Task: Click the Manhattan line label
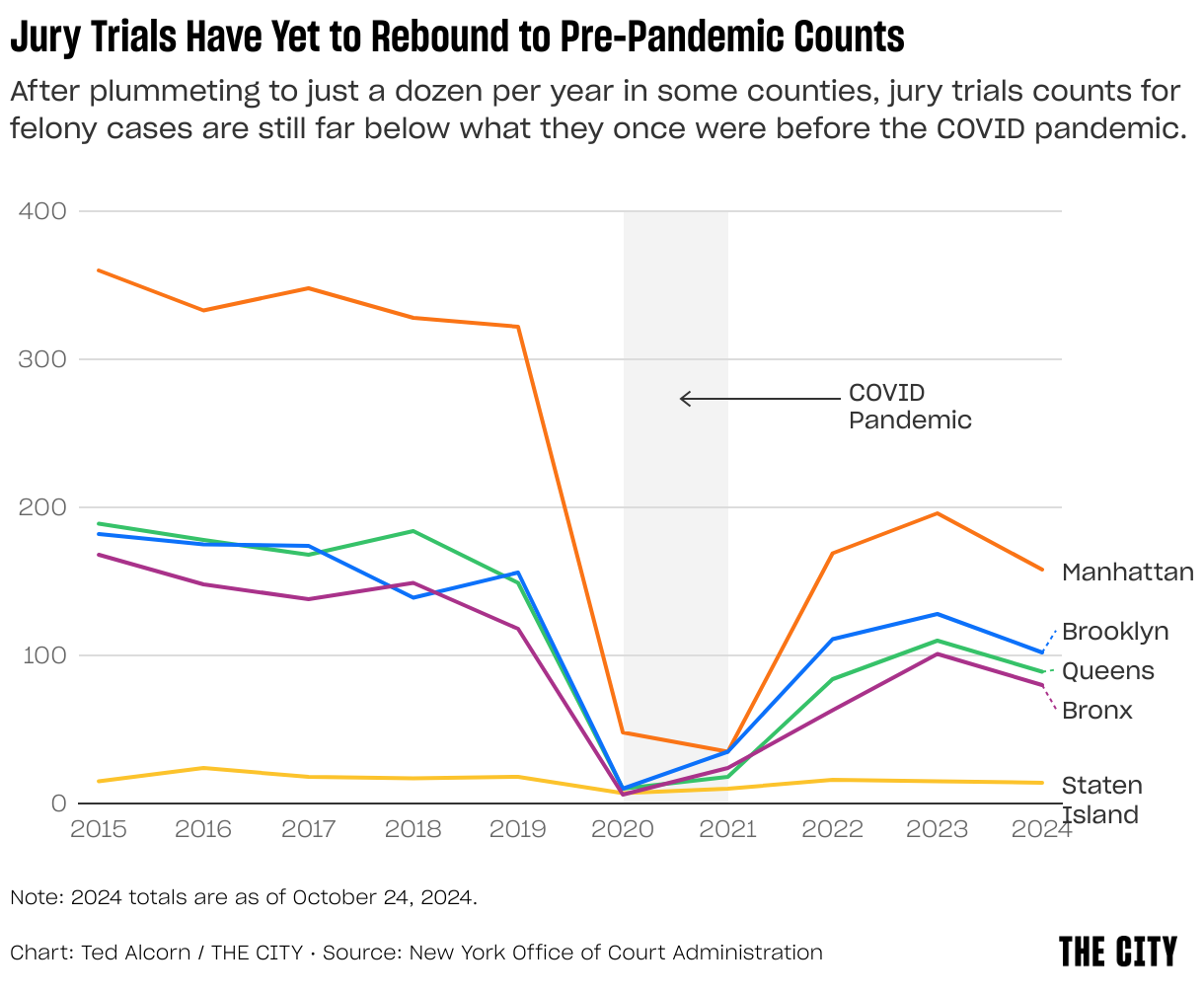pyautogui.click(x=1127, y=573)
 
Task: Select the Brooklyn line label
pyautogui.click(x=1115, y=632)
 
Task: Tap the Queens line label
pyautogui.click(x=1107, y=671)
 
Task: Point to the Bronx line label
pyautogui.click(x=1096, y=711)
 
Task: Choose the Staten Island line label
pyautogui.click(x=1101, y=800)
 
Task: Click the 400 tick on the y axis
pyautogui.click(x=43, y=211)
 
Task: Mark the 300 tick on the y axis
pyautogui.click(x=43, y=359)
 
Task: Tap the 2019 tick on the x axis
pyautogui.click(x=518, y=828)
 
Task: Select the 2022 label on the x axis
pyautogui.click(x=832, y=828)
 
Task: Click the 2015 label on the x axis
pyautogui.click(x=99, y=828)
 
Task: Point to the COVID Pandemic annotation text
pyautogui.click(x=910, y=407)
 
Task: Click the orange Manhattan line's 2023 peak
pyautogui.click(x=937, y=513)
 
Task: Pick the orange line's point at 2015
pyautogui.click(x=99, y=270)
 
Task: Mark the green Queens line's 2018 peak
pyautogui.click(x=414, y=531)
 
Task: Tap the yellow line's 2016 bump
pyautogui.click(x=204, y=768)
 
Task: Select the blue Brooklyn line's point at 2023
pyautogui.click(x=937, y=614)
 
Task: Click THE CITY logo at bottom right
pyautogui.click(x=1117, y=952)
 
